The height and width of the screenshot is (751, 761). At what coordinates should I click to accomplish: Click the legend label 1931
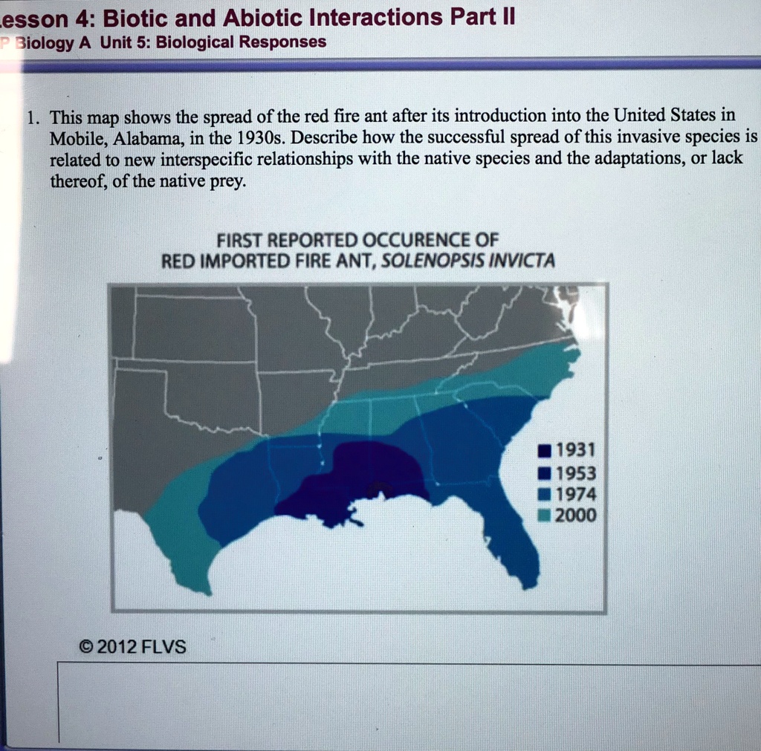pyautogui.click(x=575, y=450)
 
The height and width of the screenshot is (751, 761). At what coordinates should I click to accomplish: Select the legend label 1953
pyautogui.click(x=575, y=473)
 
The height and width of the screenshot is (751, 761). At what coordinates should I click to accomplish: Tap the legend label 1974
pyautogui.click(x=575, y=494)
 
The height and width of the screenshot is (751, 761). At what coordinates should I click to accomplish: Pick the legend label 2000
pyautogui.click(x=575, y=516)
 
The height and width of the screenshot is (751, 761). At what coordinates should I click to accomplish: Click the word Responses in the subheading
pyautogui.click(x=285, y=42)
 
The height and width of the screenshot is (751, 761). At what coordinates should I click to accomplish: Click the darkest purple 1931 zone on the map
pyautogui.click(x=364, y=475)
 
